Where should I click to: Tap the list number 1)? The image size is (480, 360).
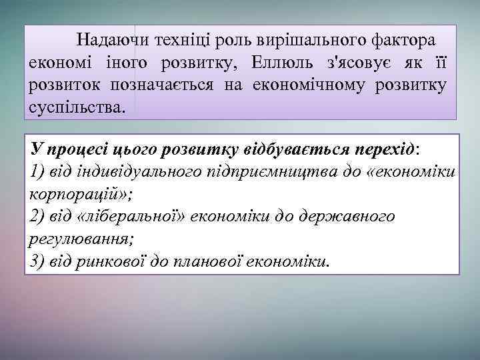point(38,172)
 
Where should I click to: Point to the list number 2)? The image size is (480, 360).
point(38,216)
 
